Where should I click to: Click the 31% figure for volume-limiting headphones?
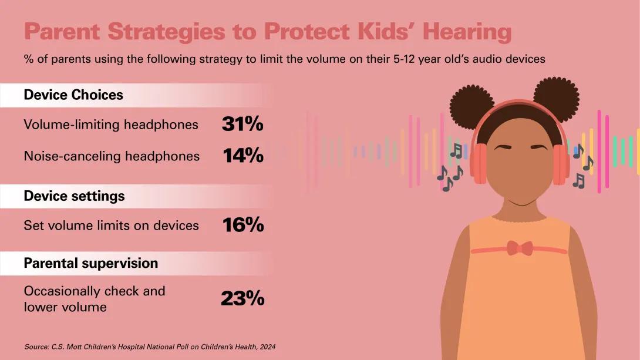(x=242, y=124)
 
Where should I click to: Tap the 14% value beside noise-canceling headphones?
(x=243, y=156)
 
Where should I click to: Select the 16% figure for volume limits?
(x=243, y=225)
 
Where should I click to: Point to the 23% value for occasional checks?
(x=242, y=298)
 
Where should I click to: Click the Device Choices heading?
(x=73, y=95)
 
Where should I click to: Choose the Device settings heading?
(x=75, y=196)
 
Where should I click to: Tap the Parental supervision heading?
(x=91, y=263)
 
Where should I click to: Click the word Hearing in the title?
(x=467, y=32)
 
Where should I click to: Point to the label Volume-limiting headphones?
(x=111, y=125)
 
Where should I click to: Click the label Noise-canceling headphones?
(x=112, y=156)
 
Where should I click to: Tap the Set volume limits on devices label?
(x=112, y=226)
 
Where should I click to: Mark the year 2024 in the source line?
(x=268, y=346)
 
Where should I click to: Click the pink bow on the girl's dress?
(x=520, y=248)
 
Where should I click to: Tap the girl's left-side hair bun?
(x=472, y=107)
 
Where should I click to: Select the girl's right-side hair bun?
(x=556, y=99)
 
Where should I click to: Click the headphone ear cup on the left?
(x=479, y=164)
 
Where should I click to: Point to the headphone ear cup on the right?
(x=561, y=164)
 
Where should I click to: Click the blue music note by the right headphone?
(x=578, y=151)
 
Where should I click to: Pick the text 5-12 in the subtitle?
(x=405, y=59)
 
